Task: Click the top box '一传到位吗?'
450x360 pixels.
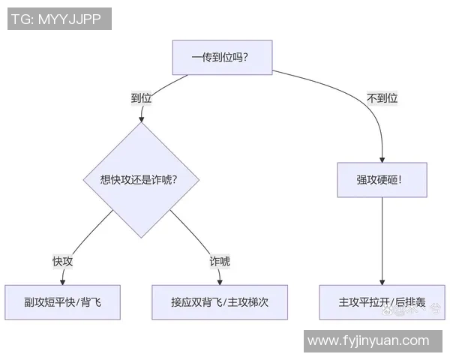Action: click(220, 57)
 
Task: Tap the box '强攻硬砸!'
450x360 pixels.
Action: click(382, 180)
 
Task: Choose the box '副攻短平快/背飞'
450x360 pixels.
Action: click(62, 302)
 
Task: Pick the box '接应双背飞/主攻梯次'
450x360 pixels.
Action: click(220, 302)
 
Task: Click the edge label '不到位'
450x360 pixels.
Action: click(382, 98)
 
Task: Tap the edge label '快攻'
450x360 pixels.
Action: click(62, 261)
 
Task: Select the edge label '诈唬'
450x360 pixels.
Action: click(219, 261)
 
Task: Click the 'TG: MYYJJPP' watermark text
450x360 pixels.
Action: click(60, 18)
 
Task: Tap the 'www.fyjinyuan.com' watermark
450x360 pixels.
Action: click(368, 340)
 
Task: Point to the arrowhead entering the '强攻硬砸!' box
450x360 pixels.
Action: click(382, 159)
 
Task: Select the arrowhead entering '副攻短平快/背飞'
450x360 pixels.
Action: click(63, 281)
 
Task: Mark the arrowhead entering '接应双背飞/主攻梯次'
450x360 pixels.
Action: click(220, 281)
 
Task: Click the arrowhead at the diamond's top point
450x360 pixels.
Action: click(139, 120)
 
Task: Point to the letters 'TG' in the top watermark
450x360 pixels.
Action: click(20, 18)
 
